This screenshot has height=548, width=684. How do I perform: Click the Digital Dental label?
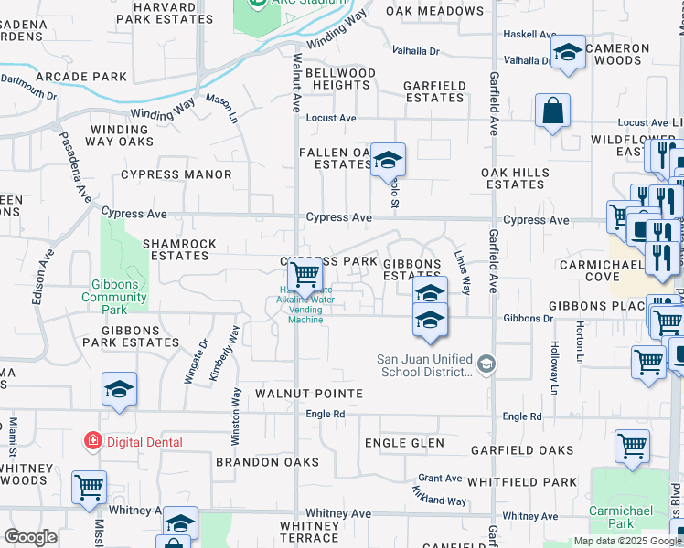pyautogui.click(x=144, y=442)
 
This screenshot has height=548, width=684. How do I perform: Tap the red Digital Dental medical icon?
pyautogui.click(x=92, y=442)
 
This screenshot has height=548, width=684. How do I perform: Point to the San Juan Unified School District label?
pyautogui.click(x=426, y=365)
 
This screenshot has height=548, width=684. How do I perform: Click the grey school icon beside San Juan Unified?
pyautogui.click(x=486, y=365)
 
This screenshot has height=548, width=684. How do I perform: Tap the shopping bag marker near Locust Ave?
pyautogui.click(x=553, y=112)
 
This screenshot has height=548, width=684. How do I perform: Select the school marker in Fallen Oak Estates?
pyautogui.click(x=389, y=161)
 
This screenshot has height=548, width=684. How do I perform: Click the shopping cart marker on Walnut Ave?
pyautogui.click(x=305, y=273)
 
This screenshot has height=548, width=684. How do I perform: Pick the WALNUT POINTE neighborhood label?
pyautogui.click(x=309, y=394)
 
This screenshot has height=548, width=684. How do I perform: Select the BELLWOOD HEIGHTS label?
pyautogui.click(x=340, y=79)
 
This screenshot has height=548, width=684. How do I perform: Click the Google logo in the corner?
pyautogui.click(x=30, y=537)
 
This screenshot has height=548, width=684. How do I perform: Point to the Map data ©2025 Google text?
pyautogui.click(x=627, y=541)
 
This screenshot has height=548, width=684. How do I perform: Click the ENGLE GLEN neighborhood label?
pyautogui.click(x=404, y=444)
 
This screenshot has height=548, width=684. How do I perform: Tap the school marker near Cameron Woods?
pyautogui.click(x=568, y=53)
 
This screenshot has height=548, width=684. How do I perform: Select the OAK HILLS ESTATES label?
pyautogui.click(x=516, y=178)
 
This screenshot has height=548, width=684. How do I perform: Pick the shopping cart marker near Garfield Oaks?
pyautogui.click(x=632, y=448)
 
